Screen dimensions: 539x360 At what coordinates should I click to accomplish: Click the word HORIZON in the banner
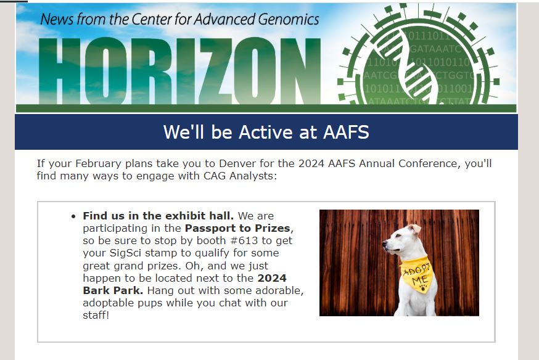(180, 71)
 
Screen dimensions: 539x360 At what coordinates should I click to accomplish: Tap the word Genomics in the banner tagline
(289, 19)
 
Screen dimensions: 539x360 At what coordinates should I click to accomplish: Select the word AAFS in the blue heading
(346, 133)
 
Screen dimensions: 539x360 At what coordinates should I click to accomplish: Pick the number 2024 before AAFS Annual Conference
(311, 163)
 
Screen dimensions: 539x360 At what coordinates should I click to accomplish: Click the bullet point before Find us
(73, 216)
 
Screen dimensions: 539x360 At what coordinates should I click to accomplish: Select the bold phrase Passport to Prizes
(237, 229)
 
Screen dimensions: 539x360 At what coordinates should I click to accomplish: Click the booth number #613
(244, 240)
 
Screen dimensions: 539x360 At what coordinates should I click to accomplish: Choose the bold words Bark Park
(113, 290)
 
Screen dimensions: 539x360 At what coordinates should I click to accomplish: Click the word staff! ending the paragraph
(96, 315)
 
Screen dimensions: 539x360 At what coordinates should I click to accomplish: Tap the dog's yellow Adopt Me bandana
(417, 274)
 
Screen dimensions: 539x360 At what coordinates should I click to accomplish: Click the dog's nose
(385, 243)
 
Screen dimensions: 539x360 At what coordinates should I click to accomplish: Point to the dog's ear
(415, 229)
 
